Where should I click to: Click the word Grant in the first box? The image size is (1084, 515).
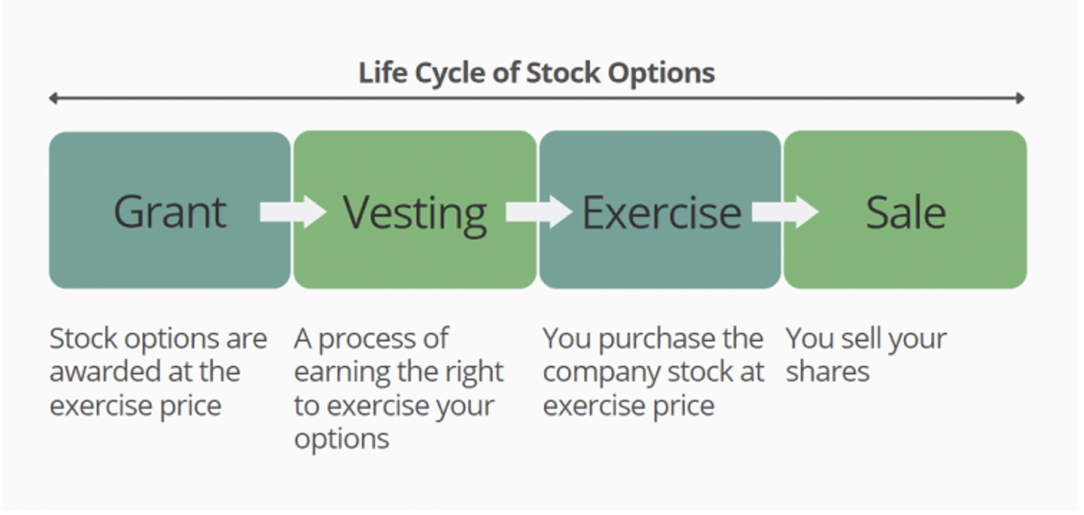[x=170, y=212]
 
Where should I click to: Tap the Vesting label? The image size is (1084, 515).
[x=414, y=215]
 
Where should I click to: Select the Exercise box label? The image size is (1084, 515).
[x=662, y=212]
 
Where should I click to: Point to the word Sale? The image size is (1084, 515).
[x=905, y=212]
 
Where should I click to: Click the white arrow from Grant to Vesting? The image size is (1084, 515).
[x=293, y=212]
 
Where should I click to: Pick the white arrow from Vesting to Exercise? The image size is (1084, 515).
[x=539, y=212]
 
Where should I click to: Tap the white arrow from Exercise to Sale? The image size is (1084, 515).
[x=785, y=212]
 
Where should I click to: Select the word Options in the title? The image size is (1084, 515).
[x=661, y=74]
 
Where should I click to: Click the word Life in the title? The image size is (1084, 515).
[x=383, y=72]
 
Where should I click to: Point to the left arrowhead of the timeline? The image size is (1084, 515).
[x=54, y=98]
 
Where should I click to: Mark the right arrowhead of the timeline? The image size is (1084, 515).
[x=1020, y=98]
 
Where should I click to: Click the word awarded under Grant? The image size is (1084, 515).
[x=105, y=372]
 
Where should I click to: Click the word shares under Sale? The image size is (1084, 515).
[x=827, y=372]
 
